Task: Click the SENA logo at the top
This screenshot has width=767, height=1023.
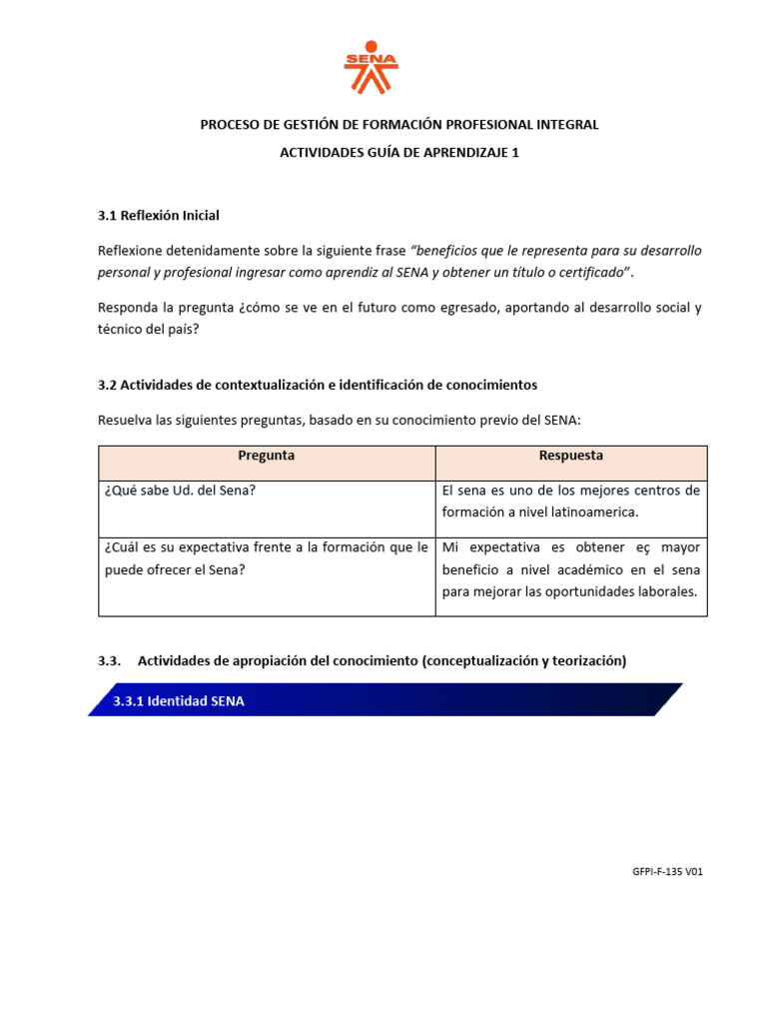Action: [x=371, y=68]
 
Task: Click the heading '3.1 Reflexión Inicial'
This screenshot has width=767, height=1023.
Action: [x=158, y=216]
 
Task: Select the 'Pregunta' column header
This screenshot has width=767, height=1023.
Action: [x=267, y=456]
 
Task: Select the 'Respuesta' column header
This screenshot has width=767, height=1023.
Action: [x=571, y=456]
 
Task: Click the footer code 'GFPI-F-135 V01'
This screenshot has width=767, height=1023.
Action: [x=667, y=871]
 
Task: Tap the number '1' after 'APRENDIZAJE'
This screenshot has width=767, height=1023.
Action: [x=515, y=153]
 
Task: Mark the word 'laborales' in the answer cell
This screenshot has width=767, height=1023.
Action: [x=669, y=591]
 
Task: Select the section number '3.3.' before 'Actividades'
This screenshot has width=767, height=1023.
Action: [x=110, y=660]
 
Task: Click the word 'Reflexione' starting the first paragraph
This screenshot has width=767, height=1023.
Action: [x=131, y=250]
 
